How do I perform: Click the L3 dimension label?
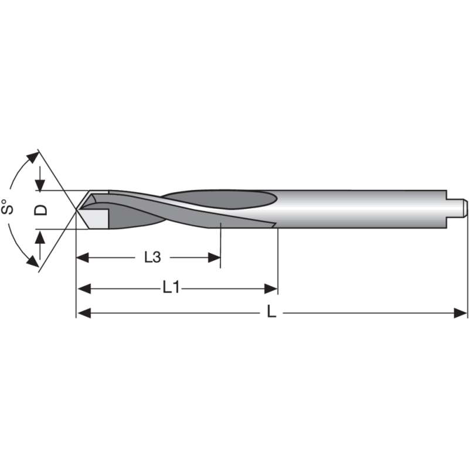pyautogui.click(x=152, y=257)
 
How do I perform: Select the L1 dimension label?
pyautogui.click(x=171, y=288)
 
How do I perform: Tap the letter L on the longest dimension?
pyautogui.click(x=271, y=313)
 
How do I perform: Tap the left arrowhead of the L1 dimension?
pyautogui.click(x=83, y=288)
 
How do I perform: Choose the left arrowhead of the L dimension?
pyautogui.click(x=83, y=314)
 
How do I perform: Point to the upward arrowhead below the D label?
pyautogui.click(x=39, y=236)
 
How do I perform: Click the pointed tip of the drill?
pyautogui.click(x=77, y=209)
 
